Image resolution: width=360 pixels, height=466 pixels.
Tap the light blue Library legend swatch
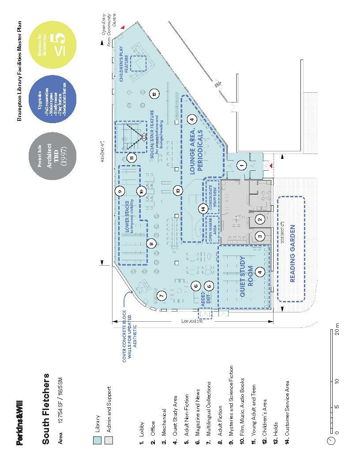pyautogui.click(x=97, y=440)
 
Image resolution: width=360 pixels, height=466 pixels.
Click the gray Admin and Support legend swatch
pyautogui.click(x=109, y=440)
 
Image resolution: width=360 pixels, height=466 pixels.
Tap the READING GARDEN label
pyautogui.click(x=292, y=254)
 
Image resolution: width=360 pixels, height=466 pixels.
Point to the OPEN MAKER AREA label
pyautogui.click(x=213, y=229)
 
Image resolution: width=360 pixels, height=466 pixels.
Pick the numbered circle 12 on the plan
pyautogui.click(x=154, y=94)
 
